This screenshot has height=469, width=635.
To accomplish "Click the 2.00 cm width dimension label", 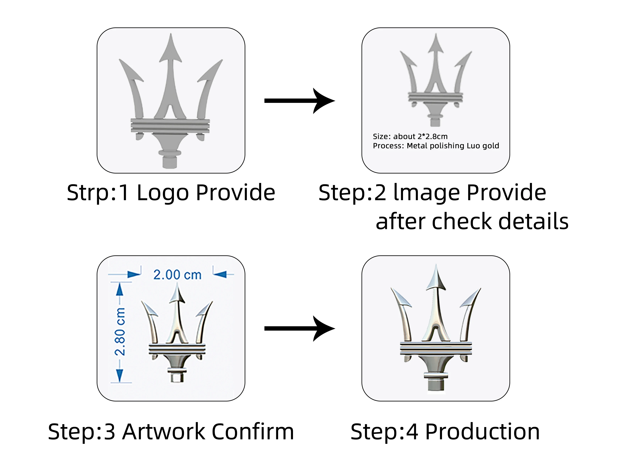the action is (x=177, y=275).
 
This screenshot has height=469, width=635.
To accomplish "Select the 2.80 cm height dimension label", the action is (x=120, y=331).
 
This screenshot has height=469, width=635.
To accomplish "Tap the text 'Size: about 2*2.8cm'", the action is (x=410, y=137).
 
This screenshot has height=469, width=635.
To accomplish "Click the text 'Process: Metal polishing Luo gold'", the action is (x=436, y=146).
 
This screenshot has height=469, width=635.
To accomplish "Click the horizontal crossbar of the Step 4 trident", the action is (x=436, y=348).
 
